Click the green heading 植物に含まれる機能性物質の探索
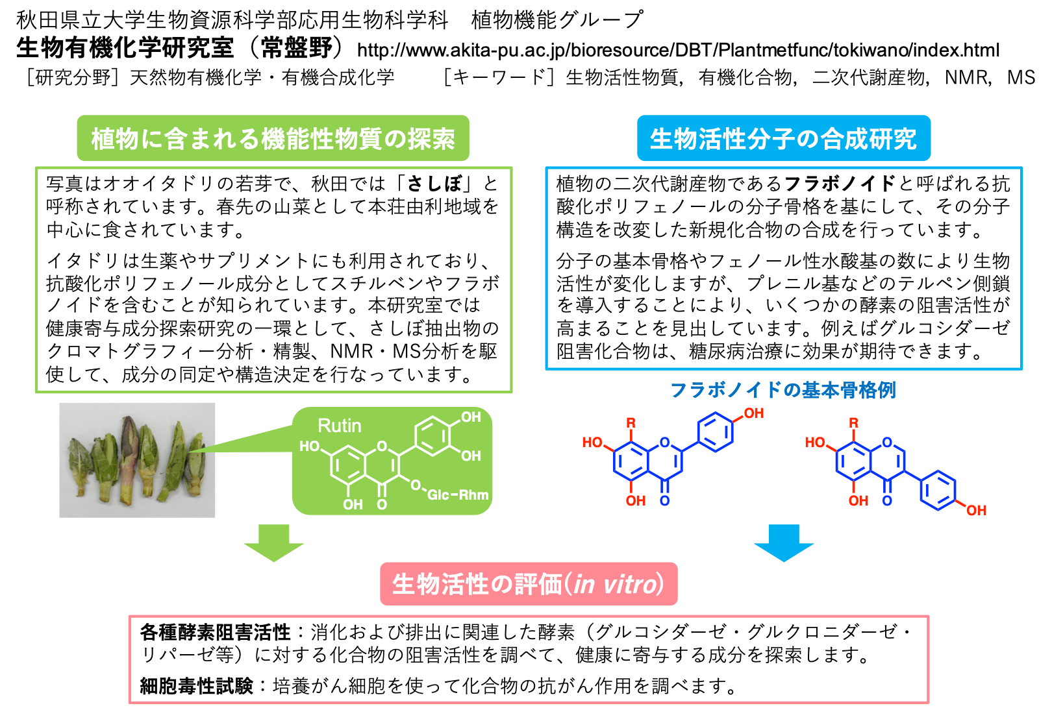[x=273, y=139]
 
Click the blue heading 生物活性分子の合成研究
[x=783, y=139]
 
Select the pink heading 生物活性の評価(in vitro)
[x=528, y=584]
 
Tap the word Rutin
[x=339, y=426]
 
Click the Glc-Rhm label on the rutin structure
[x=458, y=494]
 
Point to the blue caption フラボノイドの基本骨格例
[x=783, y=390]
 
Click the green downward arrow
[x=273, y=543]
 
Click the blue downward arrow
[x=784, y=543]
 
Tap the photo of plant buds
[x=137, y=459]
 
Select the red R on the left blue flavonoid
[x=631, y=423]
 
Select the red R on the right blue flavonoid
[x=853, y=423]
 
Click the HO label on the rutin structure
[x=309, y=446]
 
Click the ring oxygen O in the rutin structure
[x=382, y=446]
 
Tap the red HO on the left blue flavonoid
[x=592, y=443]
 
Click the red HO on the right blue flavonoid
[x=815, y=443]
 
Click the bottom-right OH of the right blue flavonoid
[x=976, y=510]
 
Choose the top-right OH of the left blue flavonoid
[x=753, y=413]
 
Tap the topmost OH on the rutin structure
[x=471, y=417]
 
